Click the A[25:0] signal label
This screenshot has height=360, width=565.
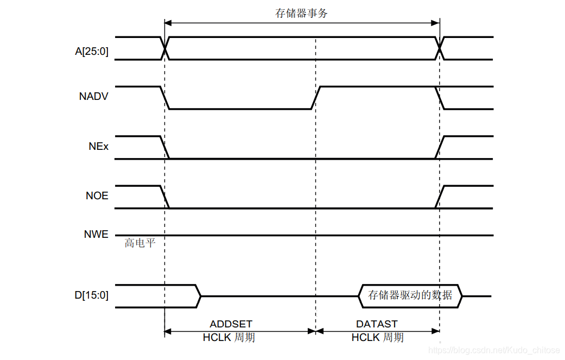tap(92, 52)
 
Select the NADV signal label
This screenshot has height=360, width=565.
tap(94, 97)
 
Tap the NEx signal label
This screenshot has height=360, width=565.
tap(98, 146)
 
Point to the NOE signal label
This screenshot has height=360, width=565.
tap(97, 195)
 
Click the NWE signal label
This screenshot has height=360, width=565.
tap(96, 235)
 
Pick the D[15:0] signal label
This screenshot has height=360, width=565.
tap(92, 295)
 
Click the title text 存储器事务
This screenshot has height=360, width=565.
tap(301, 13)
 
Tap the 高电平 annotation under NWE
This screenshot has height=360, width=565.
tap(140, 243)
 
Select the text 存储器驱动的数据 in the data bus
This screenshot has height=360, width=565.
tap(410, 295)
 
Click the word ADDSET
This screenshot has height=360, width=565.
tap(231, 324)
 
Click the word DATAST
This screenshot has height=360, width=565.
tap(377, 324)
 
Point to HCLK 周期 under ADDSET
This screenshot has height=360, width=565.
tap(228, 338)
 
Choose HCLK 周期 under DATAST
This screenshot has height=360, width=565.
tap(377, 338)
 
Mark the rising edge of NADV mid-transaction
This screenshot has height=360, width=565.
tap(316, 98)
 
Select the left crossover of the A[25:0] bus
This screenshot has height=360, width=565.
tap(165, 48)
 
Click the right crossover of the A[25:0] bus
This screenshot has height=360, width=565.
tap(440, 48)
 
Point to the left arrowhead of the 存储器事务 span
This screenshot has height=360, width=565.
tap(168, 23)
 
